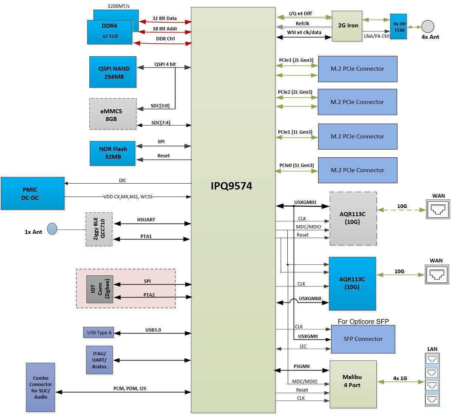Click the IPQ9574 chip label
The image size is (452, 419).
click(231, 186)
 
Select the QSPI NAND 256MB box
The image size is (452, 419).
click(113, 72)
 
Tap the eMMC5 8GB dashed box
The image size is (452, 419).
click(113, 114)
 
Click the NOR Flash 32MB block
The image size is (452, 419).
click(112, 153)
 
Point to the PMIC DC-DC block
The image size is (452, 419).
click(33, 194)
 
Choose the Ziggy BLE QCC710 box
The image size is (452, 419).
click(99, 229)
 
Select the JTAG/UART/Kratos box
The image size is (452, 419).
click(99, 360)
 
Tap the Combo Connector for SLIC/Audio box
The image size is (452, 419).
click(40, 387)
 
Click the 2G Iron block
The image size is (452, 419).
click(347, 26)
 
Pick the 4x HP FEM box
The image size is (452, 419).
click(399, 27)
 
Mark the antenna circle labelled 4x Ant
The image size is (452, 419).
click(428, 26)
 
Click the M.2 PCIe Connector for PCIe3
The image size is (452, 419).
click(357, 69)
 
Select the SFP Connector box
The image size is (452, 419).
click(363, 339)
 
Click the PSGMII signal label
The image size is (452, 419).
click(301, 366)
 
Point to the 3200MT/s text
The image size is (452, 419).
click(118, 6)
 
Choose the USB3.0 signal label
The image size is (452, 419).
click(153, 330)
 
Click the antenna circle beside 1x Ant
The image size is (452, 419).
click(52, 229)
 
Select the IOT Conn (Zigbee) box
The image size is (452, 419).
click(99, 289)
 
